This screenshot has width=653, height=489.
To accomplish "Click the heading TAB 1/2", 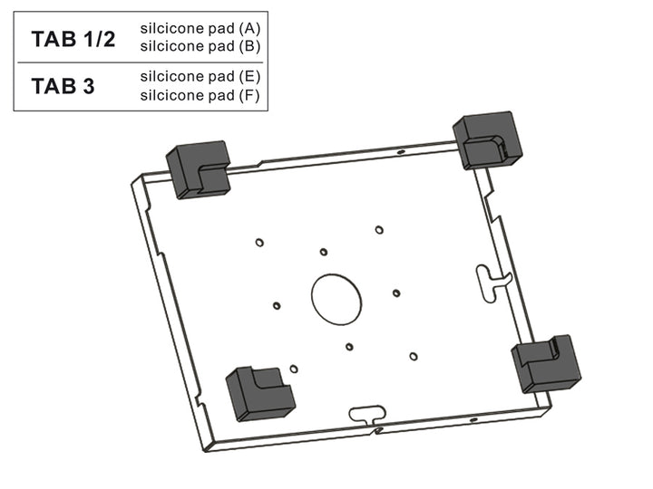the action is tap(73, 39).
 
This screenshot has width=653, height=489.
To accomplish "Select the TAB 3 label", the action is tap(63, 87).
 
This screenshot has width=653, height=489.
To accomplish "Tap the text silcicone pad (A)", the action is tap(200, 28).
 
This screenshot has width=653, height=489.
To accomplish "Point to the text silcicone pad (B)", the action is tap(200, 46).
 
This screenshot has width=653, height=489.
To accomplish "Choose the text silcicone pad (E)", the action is tap(200, 76).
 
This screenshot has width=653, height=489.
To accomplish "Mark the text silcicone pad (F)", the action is tap(200, 95).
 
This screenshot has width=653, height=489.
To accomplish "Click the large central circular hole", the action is tap(336, 300).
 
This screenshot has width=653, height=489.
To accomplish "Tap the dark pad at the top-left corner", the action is tap(199, 169).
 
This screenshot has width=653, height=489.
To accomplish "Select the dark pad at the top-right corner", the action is tap(487, 140).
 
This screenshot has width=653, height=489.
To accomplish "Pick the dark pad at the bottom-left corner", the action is tap(260, 394).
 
